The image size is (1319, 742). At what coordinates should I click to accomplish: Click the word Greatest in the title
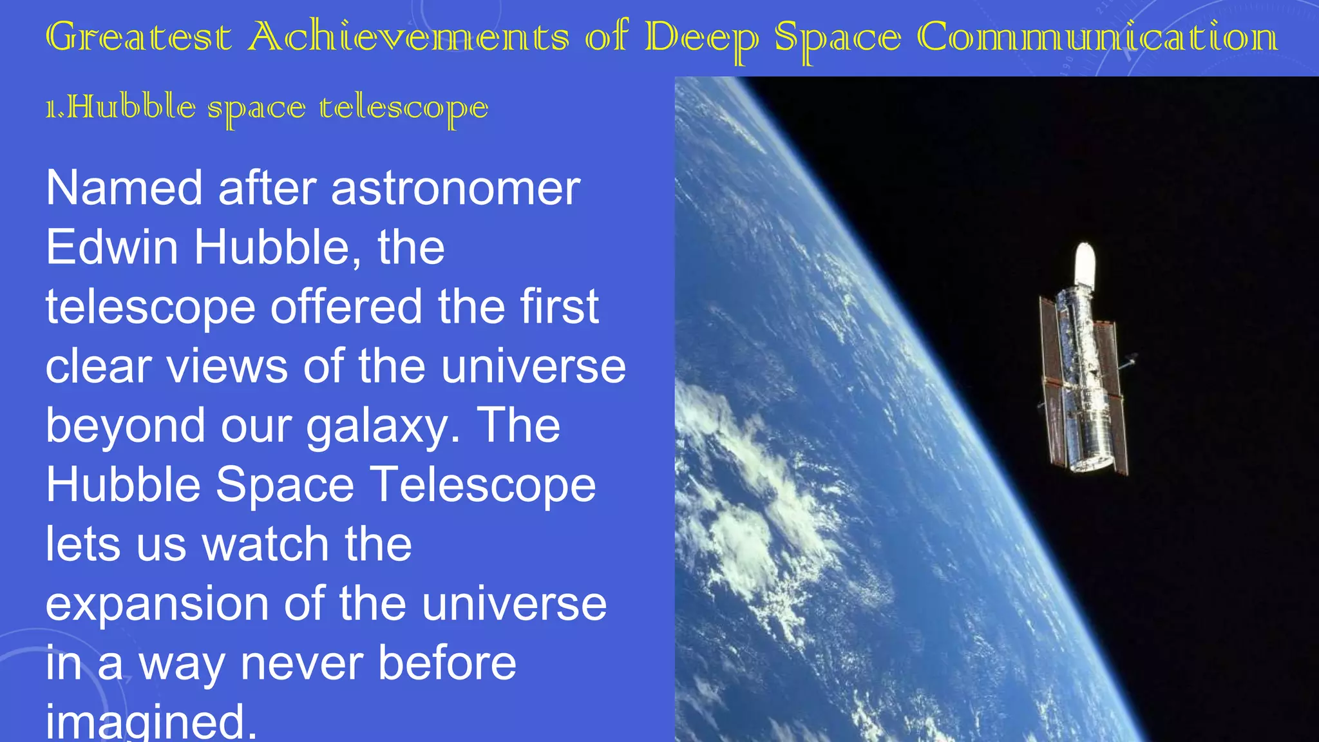pyautogui.click(x=138, y=37)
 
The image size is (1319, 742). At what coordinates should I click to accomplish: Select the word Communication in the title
pyautogui.click(x=1097, y=37)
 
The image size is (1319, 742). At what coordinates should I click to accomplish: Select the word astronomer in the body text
pyautogui.click(x=455, y=188)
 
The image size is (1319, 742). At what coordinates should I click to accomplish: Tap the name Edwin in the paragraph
pyautogui.click(x=111, y=247)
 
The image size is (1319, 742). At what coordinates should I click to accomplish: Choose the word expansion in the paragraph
pyautogui.click(x=157, y=604)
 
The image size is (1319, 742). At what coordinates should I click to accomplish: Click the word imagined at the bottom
pyautogui.click(x=151, y=723)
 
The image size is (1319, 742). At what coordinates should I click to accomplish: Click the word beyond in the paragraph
pyautogui.click(x=125, y=426)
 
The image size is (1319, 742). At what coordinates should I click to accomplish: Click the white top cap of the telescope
pyautogui.click(x=1085, y=264)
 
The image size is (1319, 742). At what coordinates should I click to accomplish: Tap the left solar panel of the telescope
pyautogui.click(x=1053, y=380)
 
